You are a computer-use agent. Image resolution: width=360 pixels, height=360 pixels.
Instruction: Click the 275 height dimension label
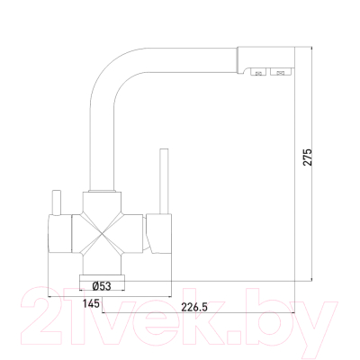308,157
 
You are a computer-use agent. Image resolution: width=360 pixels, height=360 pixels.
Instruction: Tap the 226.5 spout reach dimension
194,307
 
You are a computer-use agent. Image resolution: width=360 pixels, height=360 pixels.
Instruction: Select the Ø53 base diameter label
102,286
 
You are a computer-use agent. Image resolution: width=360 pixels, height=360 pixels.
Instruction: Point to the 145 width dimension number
91,303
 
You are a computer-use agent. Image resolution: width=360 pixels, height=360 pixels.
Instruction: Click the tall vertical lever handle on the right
165,182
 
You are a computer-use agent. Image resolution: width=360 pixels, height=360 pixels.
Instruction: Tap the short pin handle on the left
57,202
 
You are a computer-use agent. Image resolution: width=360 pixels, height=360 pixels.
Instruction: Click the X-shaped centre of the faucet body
103,234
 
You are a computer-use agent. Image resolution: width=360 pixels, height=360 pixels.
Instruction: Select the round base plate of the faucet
102,283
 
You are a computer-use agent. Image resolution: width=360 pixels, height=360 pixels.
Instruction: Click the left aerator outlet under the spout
257,72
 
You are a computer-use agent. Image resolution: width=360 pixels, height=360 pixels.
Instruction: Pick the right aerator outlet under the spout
281,72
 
